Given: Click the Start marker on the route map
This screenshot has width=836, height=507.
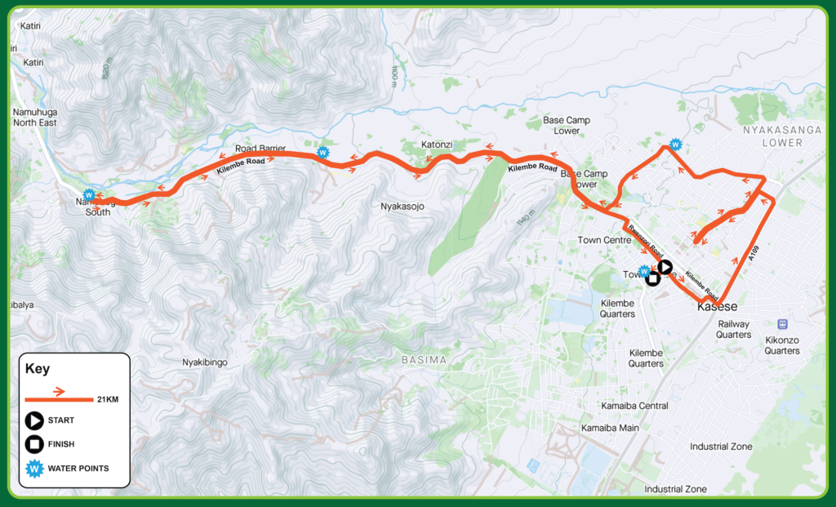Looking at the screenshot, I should pyautogui.click(x=665, y=266).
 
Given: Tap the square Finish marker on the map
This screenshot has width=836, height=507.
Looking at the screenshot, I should pyautogui.click(x=652, y=279).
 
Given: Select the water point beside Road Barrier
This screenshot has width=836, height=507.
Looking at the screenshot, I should pyautogui.click(x=322, y=151).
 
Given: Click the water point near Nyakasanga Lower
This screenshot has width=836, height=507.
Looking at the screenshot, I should pyautogui.click(x=675, y=145).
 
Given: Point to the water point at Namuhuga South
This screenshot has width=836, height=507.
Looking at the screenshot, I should pyautogui.click(x=89, y=193).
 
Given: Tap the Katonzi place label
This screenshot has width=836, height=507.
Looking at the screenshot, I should pyautogui.click(x=437, y=145).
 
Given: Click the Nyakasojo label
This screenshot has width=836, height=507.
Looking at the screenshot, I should pyautogui.click(x=403, y=206).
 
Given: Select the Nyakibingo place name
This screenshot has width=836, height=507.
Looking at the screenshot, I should pyautogui.click(x=204, y=361).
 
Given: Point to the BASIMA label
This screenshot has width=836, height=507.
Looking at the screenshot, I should pyautogui.click(x=425, y=359).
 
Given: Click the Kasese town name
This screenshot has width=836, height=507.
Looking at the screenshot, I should pyautogui.click(x=718, y=307).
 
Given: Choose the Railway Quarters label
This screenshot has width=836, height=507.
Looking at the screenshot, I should pyautogui.click(x=733, y=329).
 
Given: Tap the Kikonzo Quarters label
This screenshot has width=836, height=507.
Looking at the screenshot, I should pyautogui.click(x=782, y=345).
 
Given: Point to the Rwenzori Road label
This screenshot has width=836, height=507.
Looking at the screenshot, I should pyautogui.click(x=645, y=236).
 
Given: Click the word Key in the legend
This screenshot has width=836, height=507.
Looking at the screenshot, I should pyautogui.click(x=38, y=368).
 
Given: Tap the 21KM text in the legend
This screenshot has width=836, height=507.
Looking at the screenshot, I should pyautogui.click(x=106, y=399).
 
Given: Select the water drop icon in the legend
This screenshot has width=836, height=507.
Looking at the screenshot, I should pyautogui.click(x=34, y=468).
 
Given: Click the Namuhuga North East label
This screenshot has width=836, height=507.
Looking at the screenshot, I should pyautogui.click(x=33, y=117).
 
